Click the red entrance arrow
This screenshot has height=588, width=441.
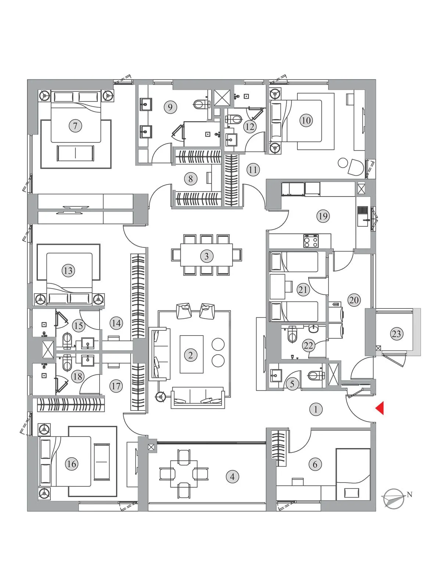pos(380,408)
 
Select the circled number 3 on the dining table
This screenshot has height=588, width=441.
pos(207,256)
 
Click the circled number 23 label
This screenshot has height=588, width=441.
pos(396,334)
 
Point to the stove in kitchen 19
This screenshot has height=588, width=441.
pos(311,241)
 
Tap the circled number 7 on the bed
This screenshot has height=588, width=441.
pos(75,126)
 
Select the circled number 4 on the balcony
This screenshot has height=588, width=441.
pos(232,477)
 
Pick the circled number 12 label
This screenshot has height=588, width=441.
pos(250,127)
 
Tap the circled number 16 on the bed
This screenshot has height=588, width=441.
pos(72,464)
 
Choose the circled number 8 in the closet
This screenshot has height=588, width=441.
pos(190,179)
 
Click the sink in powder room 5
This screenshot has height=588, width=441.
pos(275,374)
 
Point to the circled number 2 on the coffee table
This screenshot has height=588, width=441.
pos(190,355)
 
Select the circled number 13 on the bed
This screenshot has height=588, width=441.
pos(68,271)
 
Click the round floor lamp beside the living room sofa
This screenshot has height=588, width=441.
pos(160,396)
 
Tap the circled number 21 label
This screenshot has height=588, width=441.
pos(303,290)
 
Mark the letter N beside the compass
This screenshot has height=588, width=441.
pos(409,495)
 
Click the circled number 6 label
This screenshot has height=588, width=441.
pos(315,464)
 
